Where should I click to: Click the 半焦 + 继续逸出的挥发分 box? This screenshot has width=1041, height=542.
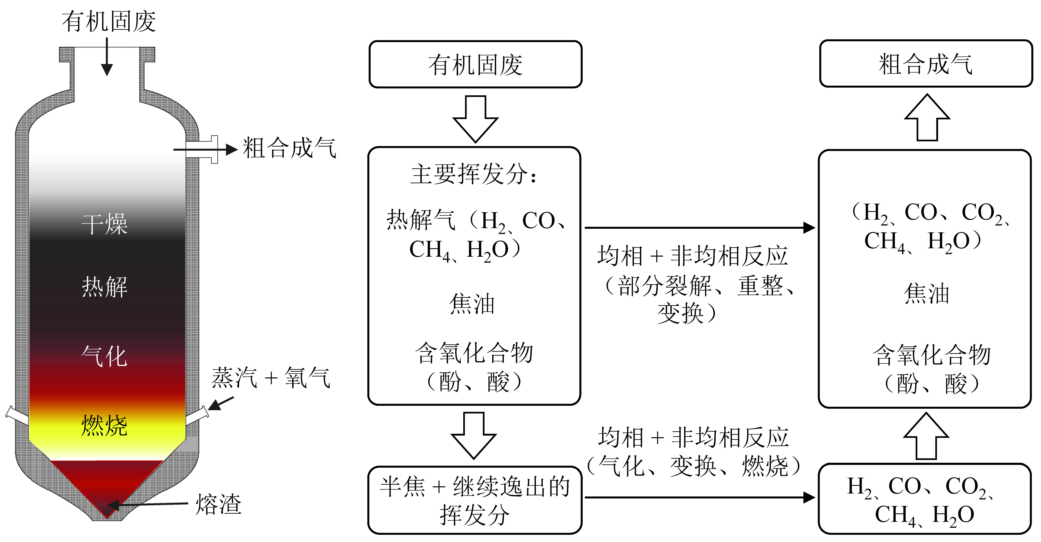[x=475, y=500]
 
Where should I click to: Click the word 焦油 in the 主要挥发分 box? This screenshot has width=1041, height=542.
[x=472, y=304]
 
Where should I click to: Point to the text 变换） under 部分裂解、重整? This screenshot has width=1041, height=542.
[x=687, y=313]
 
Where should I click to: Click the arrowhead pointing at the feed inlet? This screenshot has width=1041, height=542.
[x=107, y=70]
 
